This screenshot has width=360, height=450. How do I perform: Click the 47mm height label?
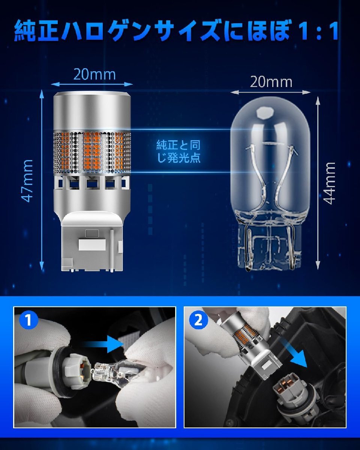point(27,181)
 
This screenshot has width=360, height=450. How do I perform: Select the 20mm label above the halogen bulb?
point(271,82)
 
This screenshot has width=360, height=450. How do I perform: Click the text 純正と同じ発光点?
point(178,151)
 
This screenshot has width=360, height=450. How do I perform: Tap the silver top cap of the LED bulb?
point(92,111)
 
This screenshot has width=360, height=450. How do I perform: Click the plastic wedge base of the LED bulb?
point(92,243)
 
